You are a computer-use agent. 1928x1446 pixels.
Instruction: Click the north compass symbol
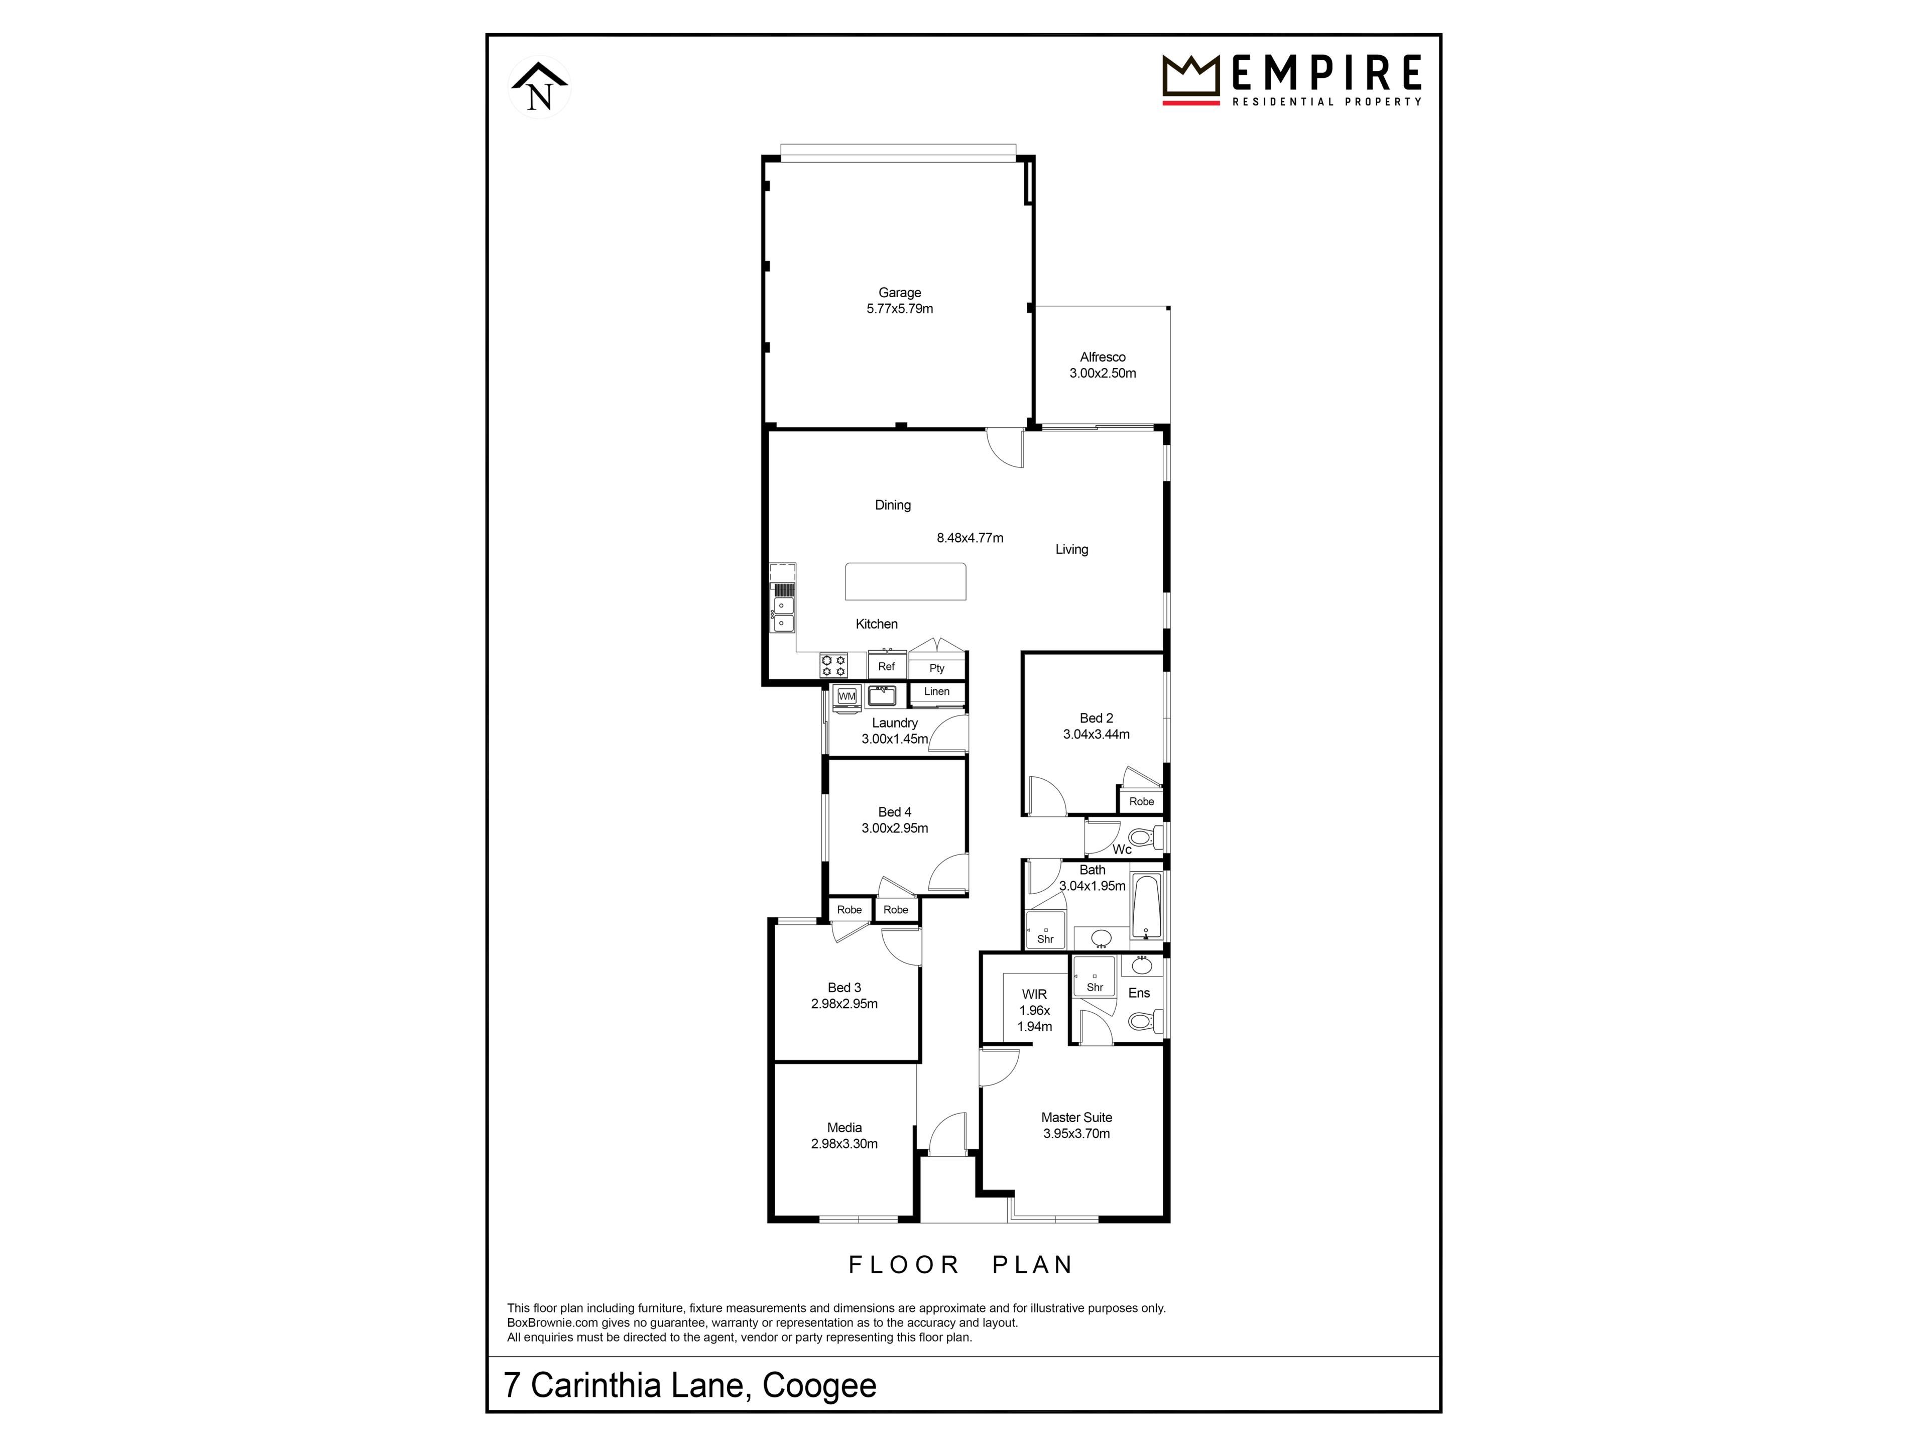540,86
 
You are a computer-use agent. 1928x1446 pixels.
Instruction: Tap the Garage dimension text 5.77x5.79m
900,309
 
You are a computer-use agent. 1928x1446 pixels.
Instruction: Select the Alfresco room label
1103,356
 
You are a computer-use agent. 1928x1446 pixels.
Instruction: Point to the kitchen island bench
906,581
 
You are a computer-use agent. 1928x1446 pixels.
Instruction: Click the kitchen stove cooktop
833,666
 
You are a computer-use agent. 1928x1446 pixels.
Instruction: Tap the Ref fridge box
886,665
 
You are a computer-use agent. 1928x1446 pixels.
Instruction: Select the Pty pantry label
937,669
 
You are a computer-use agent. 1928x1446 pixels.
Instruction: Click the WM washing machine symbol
847,696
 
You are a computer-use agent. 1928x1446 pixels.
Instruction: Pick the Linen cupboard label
937,691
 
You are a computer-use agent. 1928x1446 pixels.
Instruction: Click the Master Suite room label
1076,1118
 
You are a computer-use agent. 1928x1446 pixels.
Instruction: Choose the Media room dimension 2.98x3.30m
843,1144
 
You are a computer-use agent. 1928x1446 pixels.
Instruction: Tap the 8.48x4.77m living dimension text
970,538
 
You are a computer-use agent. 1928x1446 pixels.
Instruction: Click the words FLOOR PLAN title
960,1265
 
